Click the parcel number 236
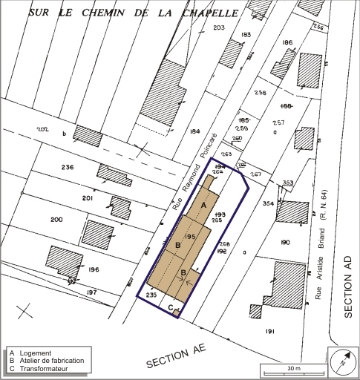68,168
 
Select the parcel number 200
56,220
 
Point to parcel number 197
92,293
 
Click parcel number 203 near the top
218,27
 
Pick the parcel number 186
288,43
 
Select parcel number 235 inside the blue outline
151,295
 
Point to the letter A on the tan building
204,204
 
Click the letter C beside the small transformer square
170,307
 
